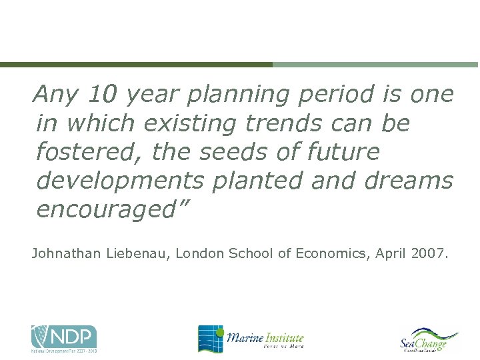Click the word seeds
tap(247, 152)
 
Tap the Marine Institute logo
tap(251, 339)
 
